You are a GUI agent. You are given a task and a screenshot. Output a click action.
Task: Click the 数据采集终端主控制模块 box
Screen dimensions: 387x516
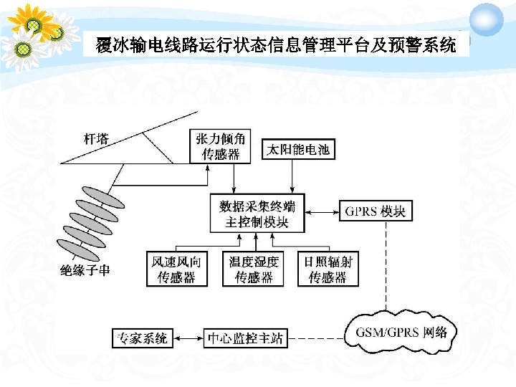click(x=257, y=213)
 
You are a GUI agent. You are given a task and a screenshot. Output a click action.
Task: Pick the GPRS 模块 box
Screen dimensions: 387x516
click(x=376, y=211)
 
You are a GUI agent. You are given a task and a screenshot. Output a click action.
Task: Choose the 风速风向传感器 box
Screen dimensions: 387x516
click(x=176, y=269)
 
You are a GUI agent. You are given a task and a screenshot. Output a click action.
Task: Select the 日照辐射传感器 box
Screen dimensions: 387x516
click(x=328, y=269)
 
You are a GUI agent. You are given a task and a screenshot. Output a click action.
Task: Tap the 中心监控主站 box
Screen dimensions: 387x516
click(x=245, y=338)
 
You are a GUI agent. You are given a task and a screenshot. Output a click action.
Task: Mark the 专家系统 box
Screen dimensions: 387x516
click(x=143, y=338)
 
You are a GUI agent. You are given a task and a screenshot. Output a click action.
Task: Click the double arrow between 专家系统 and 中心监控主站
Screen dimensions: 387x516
click(x=188, y=338)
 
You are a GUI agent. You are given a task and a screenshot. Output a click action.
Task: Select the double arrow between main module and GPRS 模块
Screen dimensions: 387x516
click(x=322, y=211)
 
